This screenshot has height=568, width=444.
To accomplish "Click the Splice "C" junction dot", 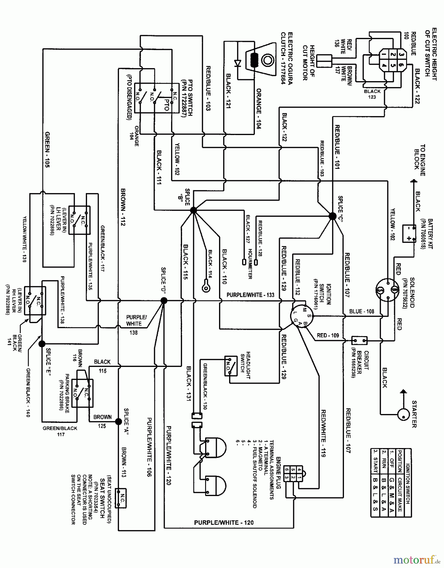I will click(333, 216).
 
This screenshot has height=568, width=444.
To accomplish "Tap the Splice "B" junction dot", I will click(193, 210).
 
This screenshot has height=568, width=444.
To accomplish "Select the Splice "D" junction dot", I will click(164, 301).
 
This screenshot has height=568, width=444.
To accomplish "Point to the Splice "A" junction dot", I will click(118, 422).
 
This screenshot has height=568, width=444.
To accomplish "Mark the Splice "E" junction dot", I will click(42, 344).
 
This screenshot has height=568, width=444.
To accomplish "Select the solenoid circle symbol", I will click(387, 290).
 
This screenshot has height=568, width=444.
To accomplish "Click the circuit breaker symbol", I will click(359, 340).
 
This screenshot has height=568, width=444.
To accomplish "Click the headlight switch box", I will click(231, 366).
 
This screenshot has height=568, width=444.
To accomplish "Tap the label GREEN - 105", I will click(47, 149).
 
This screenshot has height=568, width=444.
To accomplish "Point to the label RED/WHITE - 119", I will click(323, 433).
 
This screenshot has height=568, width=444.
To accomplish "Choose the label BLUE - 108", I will click(362, 311).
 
